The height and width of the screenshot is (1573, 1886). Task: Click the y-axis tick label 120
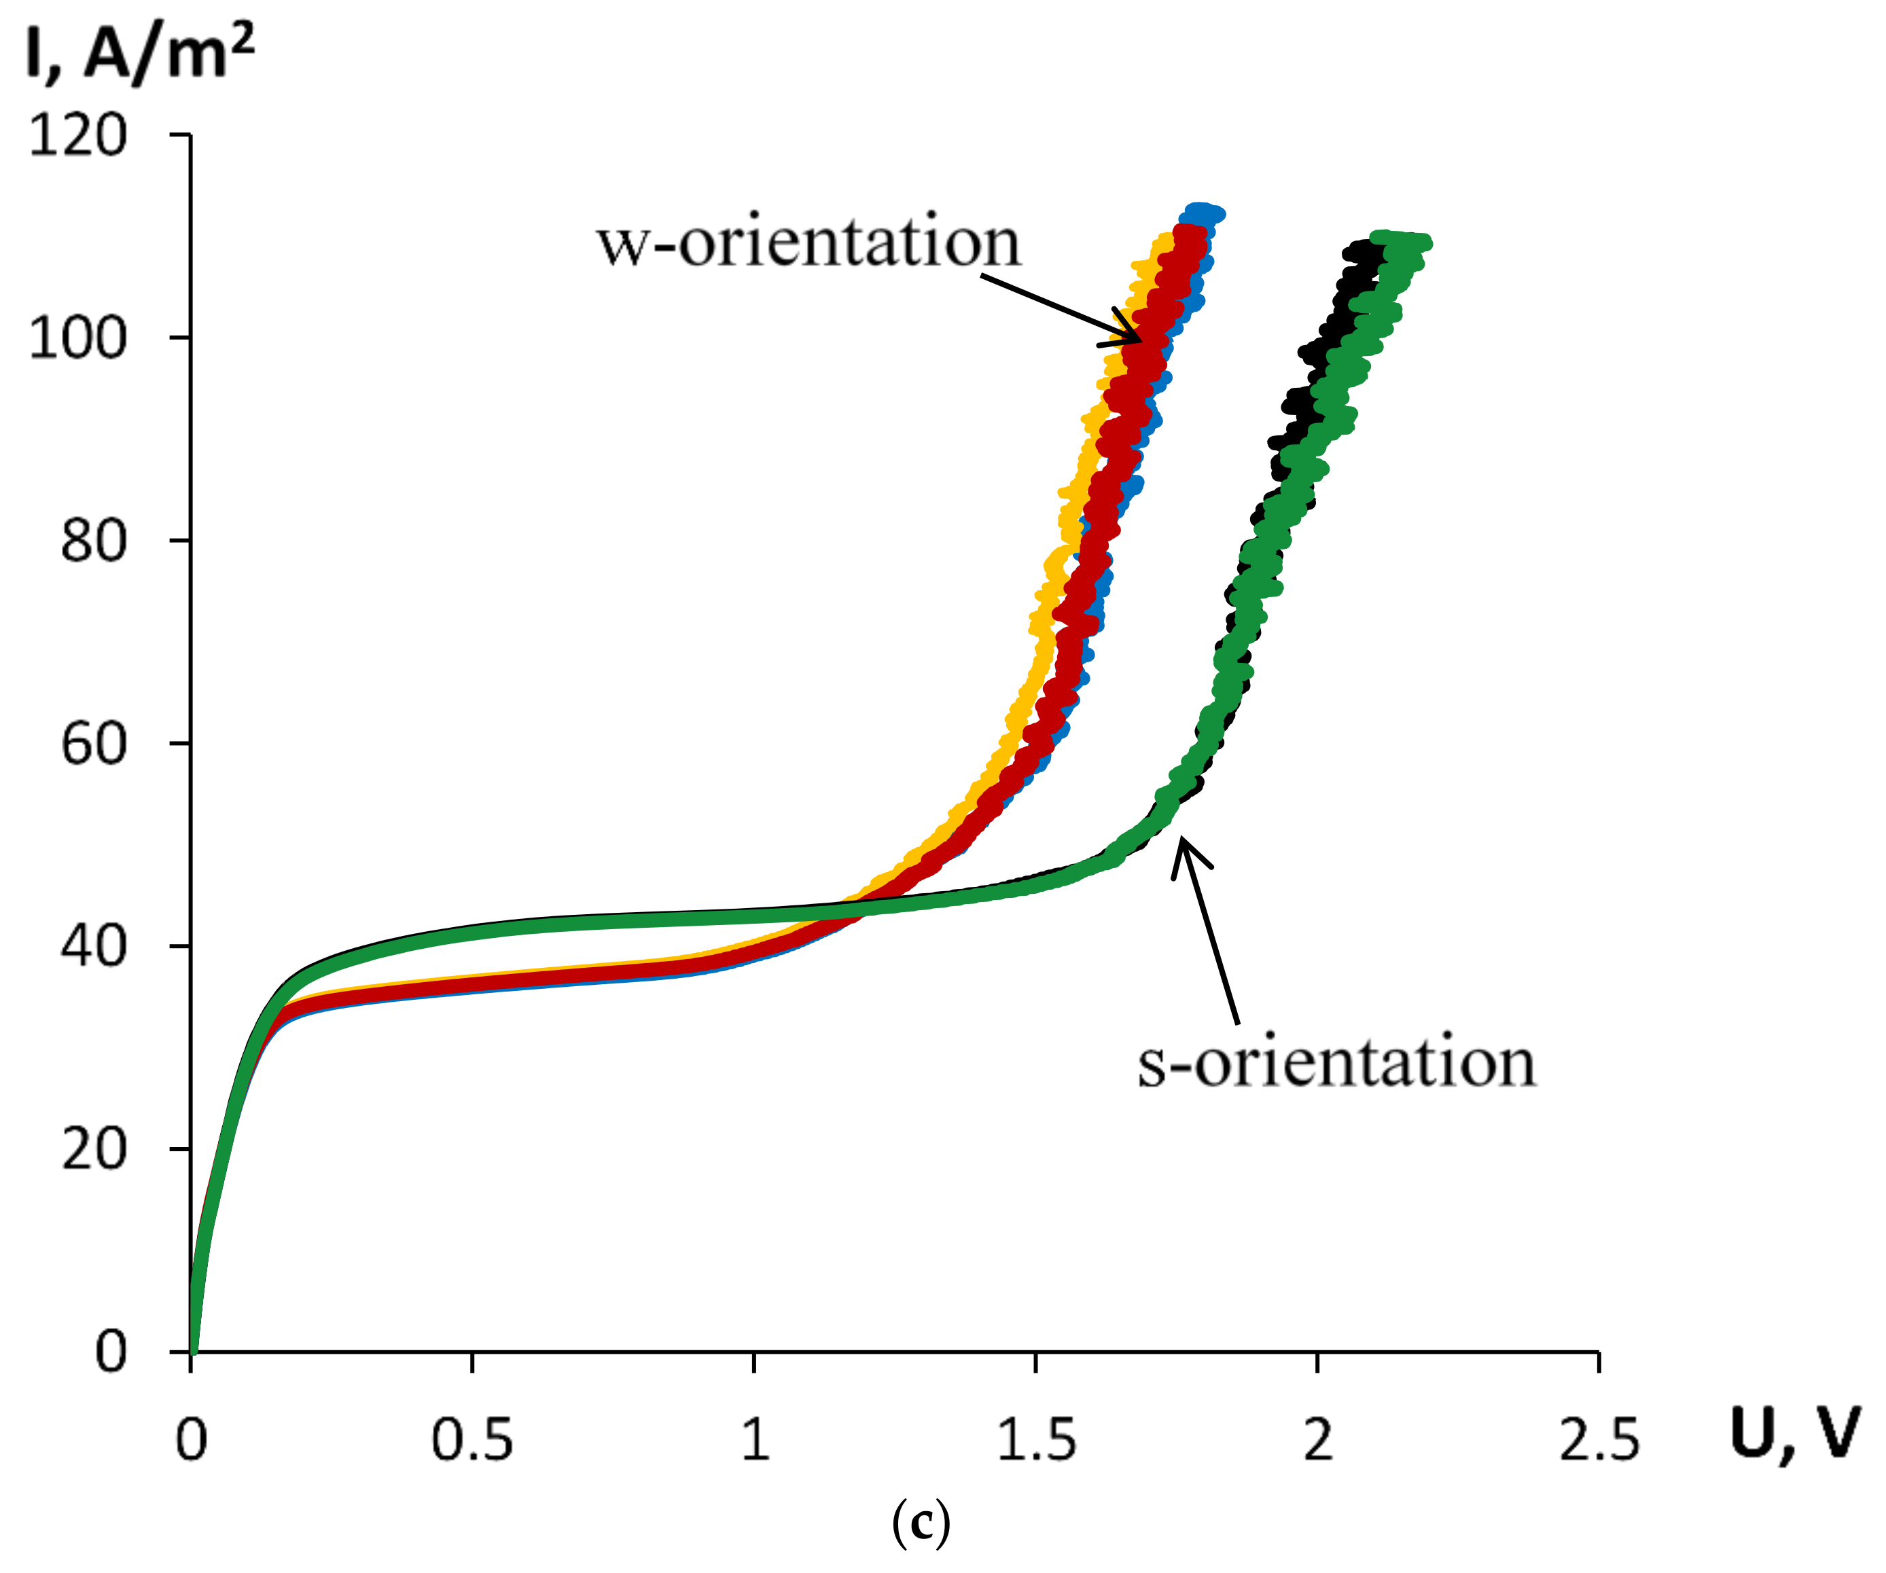pyautogui.click(x=78, y=137)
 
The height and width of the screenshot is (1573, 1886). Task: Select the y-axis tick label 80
pyautogui.click(x=93, y=541)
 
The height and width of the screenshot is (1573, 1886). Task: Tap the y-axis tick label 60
pyautogui.click(x=93, y=744)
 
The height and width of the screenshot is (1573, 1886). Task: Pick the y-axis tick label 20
pyautogui.click(x=93, y=1149)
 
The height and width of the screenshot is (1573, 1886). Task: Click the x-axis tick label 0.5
pyautogui.click(x=471, y=1440)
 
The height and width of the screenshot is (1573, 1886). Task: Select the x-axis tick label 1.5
pyautogui.click(x=1035, y=1440)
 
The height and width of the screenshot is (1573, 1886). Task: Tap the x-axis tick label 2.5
pyautogui.click(x=1599, y=1440)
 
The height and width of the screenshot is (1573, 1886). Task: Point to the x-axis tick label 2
pyautogui.click(x=1317, y=1440)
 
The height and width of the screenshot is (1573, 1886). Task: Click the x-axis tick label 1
pyautogui.click(x=754, y=1440)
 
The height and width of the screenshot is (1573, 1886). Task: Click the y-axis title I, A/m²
pyautogui.click(x=139, y=54)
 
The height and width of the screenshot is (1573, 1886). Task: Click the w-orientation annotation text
pyautogui.click(x=808, y=242)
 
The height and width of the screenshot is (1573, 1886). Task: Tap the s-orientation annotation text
pyautogui.click(x=1336, y=1063)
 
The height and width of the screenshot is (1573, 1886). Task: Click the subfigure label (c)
pyautogui.click(x=921, y=1523)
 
